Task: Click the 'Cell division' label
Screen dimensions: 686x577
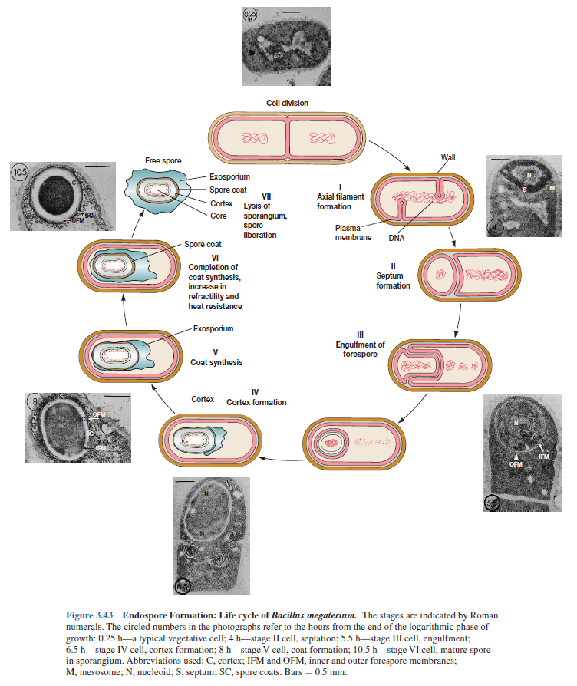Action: (288, 102)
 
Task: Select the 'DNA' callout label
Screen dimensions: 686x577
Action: (397, 239)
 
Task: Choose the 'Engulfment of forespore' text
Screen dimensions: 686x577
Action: (360, 349)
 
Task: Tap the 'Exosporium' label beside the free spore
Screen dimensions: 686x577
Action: (229, 176)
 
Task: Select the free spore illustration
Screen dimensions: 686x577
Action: (160, 191)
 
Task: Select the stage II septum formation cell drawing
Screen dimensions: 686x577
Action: (468, 275)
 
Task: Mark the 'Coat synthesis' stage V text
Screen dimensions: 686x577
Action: (216, 362)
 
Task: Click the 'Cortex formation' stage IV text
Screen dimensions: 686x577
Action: (256, 402)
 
